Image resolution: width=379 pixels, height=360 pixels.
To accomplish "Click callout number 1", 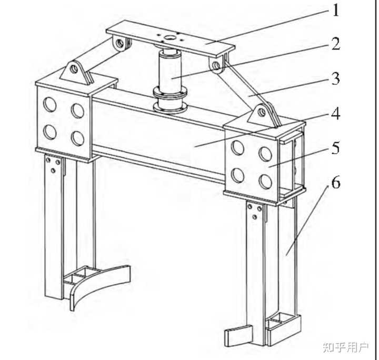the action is (x=336, y=11).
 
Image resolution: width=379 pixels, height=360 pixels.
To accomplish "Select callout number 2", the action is (x=335, y=44).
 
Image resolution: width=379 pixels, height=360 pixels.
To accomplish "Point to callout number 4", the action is (x=335, y=113).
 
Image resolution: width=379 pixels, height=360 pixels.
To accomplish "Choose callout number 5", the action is (x=335, y=148).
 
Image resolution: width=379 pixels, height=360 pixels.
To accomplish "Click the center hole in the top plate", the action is (x=168, y=38).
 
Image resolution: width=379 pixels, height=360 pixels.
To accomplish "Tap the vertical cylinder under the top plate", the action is (x=170, y=70).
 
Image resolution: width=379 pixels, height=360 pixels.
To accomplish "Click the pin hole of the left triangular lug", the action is (x=74, y=69).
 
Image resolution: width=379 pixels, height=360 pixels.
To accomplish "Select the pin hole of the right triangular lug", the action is (x=261, y=112).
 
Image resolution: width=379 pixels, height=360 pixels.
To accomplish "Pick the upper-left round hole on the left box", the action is (x=50, y=105).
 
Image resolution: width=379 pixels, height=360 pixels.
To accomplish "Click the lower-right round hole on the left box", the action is (x=77, y=138).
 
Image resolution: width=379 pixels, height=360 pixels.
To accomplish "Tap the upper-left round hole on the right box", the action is (x=237, y=147).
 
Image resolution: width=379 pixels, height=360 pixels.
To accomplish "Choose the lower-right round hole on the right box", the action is (x=265, y=182).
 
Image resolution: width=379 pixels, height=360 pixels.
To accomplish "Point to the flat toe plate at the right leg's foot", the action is (x=238, y=335).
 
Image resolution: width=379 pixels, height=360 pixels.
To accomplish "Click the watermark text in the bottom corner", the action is (x=346, y=347).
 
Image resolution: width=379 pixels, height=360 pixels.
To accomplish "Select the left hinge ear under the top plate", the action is (x=121, y=44).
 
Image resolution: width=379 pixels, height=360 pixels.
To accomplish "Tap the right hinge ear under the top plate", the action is (x=217, y=65).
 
